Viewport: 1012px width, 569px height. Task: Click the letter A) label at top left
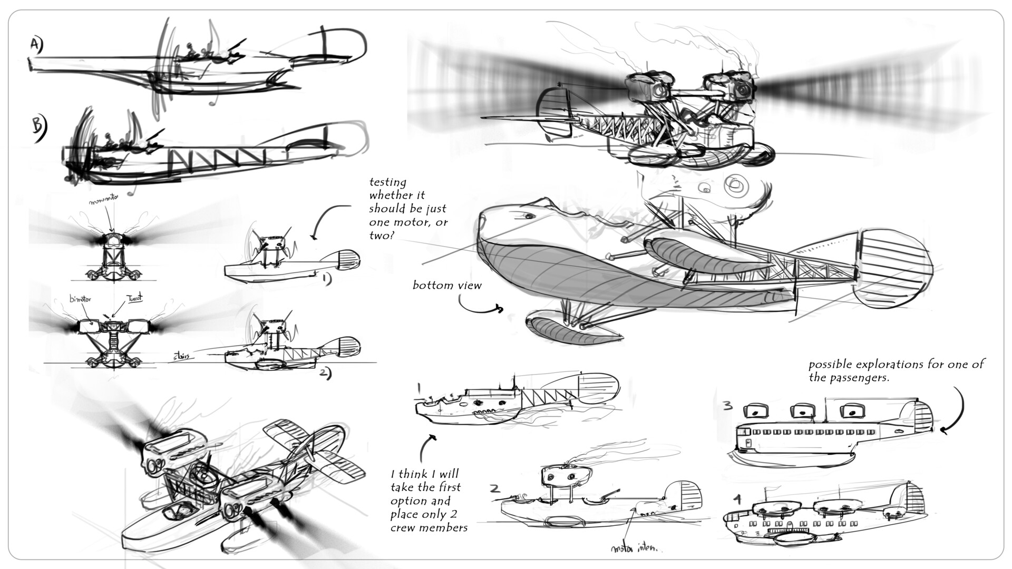coord(36,46)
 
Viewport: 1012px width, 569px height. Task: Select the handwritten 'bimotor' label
coord(81,299)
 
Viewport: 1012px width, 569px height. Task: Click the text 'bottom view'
coord(447,286)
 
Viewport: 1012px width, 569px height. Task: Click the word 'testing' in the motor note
coord(388,182)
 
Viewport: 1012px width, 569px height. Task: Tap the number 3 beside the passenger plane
coord(727,406)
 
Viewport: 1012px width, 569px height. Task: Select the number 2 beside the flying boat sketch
coord(494,488)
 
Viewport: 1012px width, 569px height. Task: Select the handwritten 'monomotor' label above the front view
coord(104,202)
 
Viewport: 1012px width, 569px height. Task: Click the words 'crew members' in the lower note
coord(429,527)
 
